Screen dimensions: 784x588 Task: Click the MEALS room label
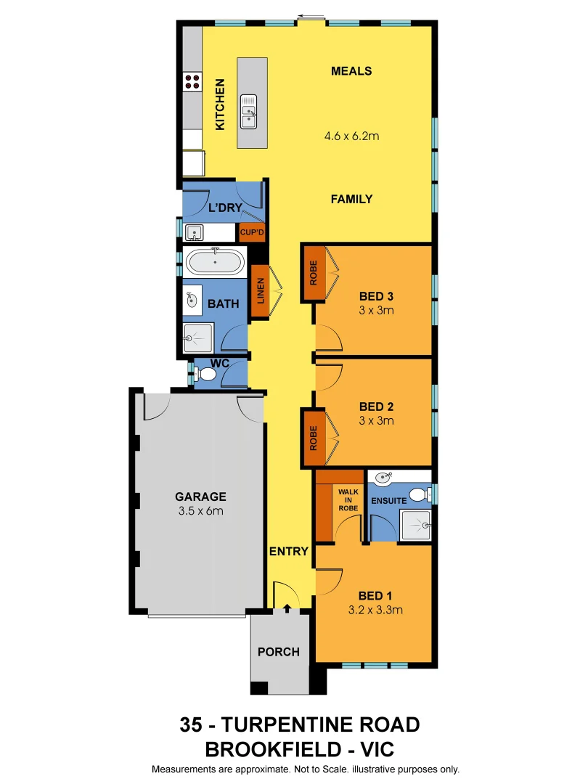coord(351,71)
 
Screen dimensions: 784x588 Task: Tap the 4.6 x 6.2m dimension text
coord(351,135)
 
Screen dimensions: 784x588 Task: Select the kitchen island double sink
coord(249,112)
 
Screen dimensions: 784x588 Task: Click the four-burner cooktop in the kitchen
coord(192,81)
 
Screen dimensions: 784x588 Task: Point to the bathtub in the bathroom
coord(215,261)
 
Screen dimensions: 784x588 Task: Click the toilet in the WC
coord(206,375)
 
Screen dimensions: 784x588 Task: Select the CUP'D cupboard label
coord(252,233)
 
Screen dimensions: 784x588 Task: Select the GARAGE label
coord(200,497)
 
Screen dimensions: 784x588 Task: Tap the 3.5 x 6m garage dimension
coord(200,511)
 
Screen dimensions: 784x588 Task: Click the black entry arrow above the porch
coord(287,608)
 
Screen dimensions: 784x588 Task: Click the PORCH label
coord(279,652)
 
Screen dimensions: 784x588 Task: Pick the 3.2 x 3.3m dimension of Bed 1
coord(375,610)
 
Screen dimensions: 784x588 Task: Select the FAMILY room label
coord(351,199)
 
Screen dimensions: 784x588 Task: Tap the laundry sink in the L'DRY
coord(194,233)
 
